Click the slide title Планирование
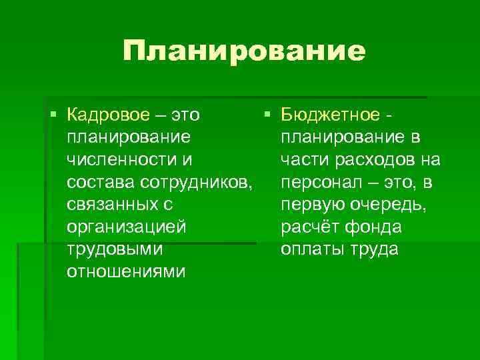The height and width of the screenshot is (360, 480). click(244, 51)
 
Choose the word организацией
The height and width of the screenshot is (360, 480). click(127, 227)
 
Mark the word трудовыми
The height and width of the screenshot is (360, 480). click(114, 250)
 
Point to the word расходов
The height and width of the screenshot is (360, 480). click(381, 159)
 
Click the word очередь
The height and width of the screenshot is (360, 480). click(391, 205)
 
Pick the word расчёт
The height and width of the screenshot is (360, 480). click(309, 227)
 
